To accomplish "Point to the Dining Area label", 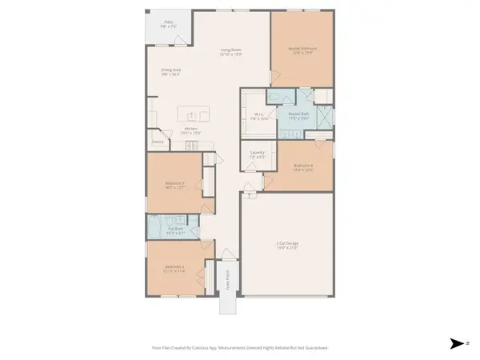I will [x=170, y=72].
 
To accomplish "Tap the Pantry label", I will [x=158, y=143].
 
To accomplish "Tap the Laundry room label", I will [x=257, y=154].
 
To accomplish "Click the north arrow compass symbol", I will [x=457, y=343].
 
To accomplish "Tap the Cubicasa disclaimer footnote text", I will [x=239, y=348].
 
